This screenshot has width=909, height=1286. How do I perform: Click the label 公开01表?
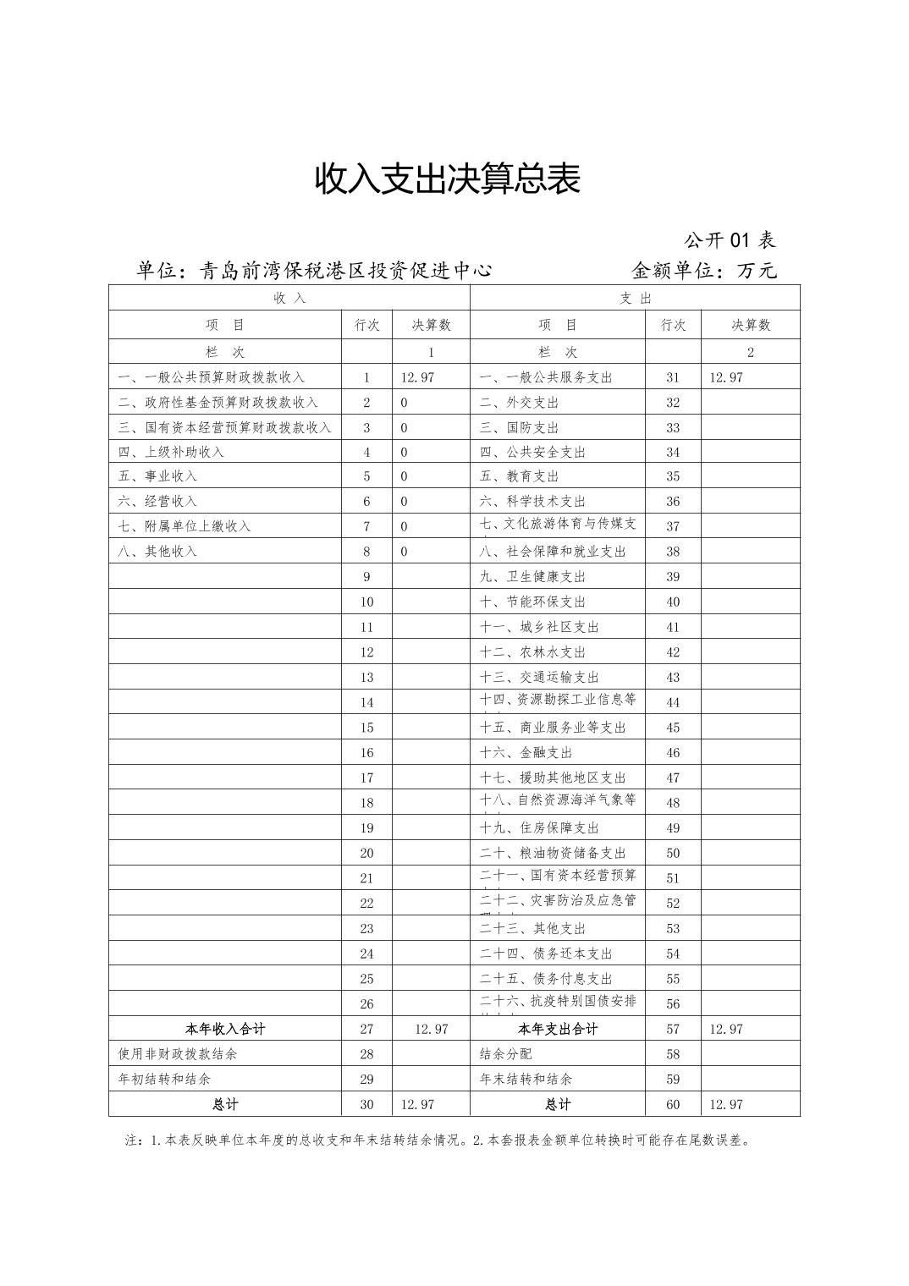tap(730, 240)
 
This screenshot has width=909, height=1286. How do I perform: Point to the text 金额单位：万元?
tap(703, 271)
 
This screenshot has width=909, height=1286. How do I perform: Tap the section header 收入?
tap(289, 298)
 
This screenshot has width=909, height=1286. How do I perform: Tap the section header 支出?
tap(635, 298)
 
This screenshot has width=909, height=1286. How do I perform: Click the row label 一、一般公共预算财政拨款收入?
tap(212, 377)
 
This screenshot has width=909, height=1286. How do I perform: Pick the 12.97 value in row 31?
tap(726, 377)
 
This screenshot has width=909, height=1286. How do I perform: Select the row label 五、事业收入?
tap(158, 476)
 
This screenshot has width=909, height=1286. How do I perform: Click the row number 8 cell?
tap(366, 552)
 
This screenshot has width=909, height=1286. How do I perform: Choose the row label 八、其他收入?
tap(158, 552)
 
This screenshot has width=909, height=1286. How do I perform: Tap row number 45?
tap(673, 728)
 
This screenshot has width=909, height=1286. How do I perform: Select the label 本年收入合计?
tap(225, 1029)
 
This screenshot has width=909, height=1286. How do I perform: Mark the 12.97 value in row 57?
tap(726, 1029)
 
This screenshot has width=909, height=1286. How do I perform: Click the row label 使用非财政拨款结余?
tap(178, 1054)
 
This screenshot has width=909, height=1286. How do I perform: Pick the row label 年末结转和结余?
tap(526, 1080)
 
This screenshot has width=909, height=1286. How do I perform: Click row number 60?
tap(673, 1105)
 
